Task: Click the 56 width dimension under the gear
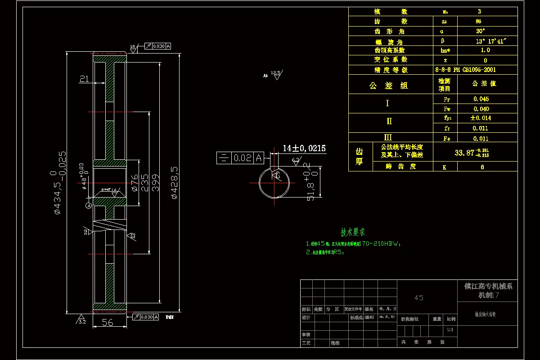[x=108, y=323]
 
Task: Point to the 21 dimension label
[x=84, y=79]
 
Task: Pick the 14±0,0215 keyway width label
[x=304, y=148]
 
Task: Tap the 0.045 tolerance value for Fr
[x=481, y=99]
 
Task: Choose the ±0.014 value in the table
[x=481, y=118]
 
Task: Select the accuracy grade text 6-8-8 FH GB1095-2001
[x=465, y=70]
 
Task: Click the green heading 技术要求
[x=353, y=232]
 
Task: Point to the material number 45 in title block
[x=418, y=298]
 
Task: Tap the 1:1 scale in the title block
[x=450, y=330]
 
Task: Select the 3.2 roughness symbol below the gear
[x=81, y=319]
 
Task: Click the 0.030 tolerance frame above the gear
[x=157, y=46]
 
